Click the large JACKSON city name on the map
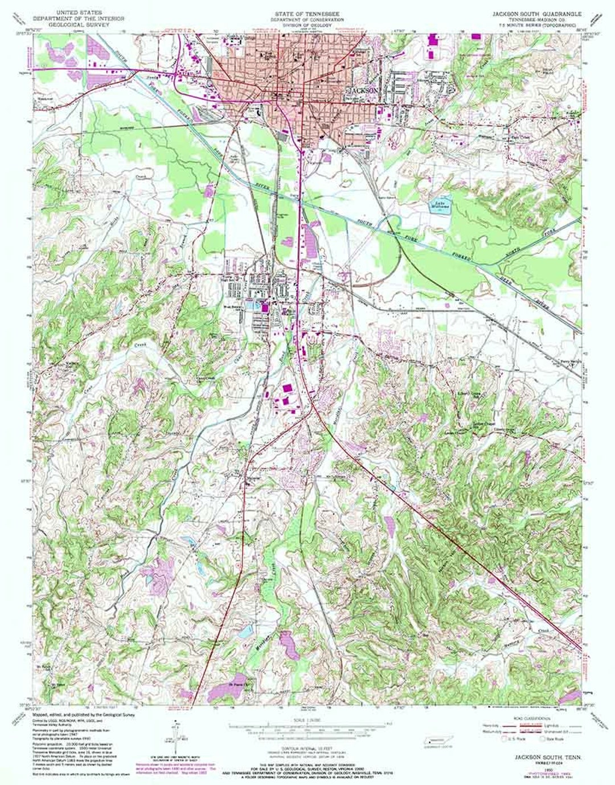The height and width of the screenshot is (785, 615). pos(364,91)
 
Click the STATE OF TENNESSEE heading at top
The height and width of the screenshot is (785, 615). pos(307,12)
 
